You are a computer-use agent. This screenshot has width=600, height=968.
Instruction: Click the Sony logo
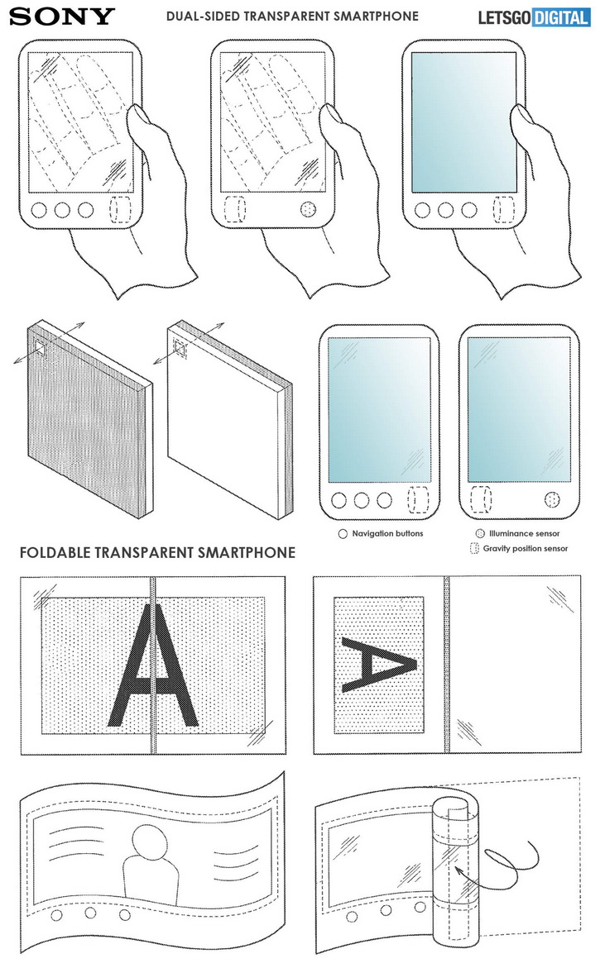coord(62,16)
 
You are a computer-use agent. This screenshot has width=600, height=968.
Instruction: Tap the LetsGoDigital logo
coord(534,17)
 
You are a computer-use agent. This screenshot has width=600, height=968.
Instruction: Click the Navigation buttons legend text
coord(387,533)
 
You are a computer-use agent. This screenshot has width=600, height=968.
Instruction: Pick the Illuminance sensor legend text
coord(524,533)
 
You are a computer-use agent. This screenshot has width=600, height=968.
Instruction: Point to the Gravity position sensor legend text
coord(526,548)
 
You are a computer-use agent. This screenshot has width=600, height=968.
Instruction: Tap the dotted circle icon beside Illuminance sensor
coord(480,533)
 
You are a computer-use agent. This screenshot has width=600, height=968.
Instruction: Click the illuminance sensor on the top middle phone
coord(308,210)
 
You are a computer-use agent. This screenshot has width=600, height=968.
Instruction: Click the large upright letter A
coord(153,665)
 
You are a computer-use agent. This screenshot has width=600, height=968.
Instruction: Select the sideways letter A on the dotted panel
coord(378,665)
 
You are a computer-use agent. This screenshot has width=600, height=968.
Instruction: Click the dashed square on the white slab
coord(180,350)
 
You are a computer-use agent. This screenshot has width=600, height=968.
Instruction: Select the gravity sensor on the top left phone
coord(120,210)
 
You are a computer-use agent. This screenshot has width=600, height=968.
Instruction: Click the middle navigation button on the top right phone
coord(445,210)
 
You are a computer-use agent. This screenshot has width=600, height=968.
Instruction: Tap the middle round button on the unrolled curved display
coord(90,913)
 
